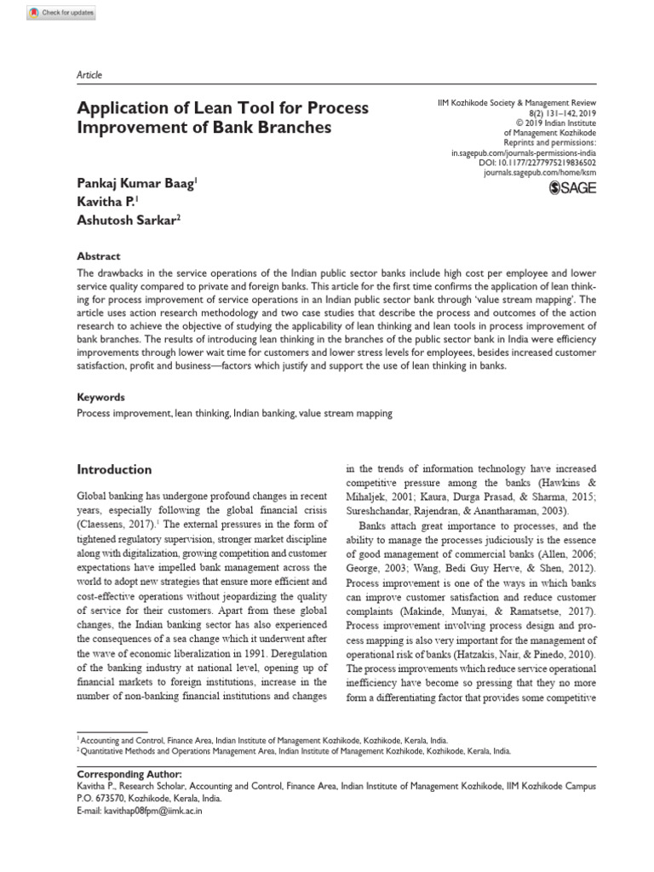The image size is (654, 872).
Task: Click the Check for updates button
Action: click(61, 13)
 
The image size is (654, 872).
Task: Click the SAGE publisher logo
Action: click(574, 187)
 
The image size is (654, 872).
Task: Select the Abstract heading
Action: click(99, 256)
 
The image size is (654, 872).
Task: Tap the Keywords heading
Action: click(101, 397)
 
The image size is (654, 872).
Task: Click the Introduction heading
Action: click(114, 469)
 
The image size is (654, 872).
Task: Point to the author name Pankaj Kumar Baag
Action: click(136, 183)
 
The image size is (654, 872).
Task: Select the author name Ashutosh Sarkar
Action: click(129, 220)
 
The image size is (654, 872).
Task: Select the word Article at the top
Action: click(89, 75)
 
